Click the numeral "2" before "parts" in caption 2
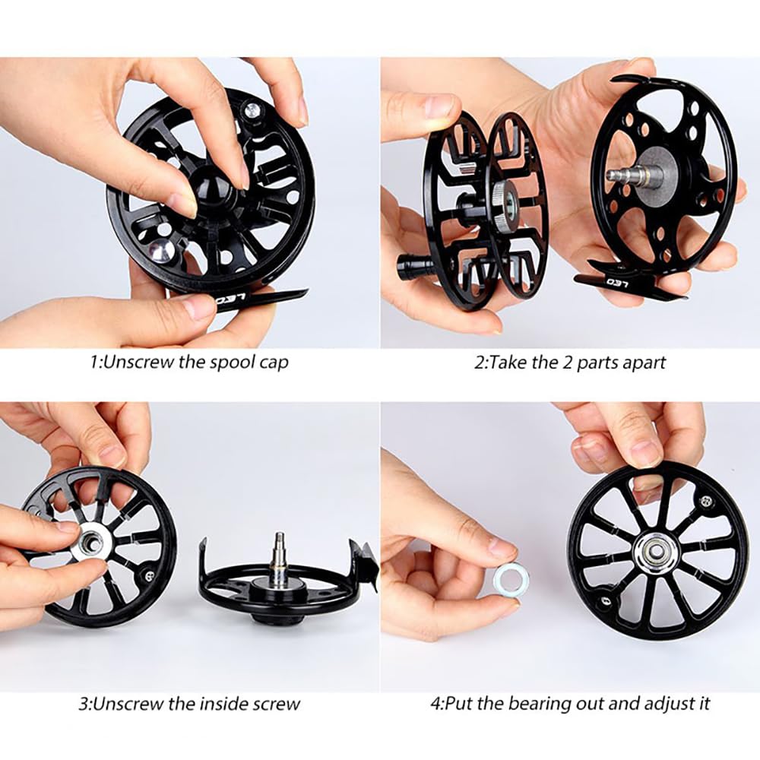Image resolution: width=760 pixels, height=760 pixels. coord(568,363)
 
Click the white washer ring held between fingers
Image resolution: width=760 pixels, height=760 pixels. coord(511,578)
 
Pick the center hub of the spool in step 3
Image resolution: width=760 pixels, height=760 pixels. coord(92,540)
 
